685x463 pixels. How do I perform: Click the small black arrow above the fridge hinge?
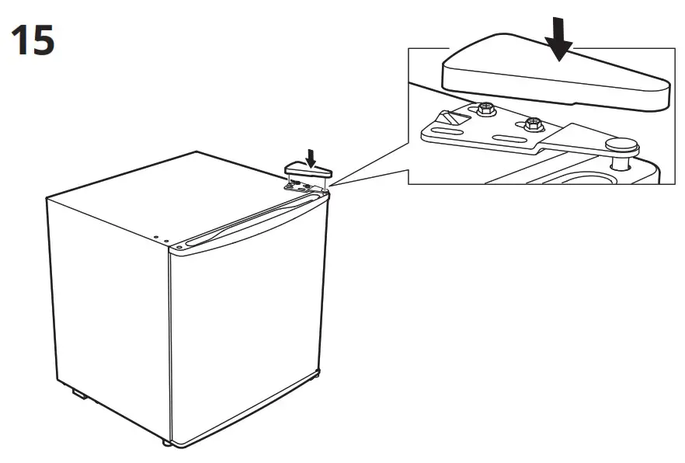311,158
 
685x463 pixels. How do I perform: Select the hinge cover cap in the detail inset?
555,79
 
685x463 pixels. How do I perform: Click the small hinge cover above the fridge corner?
306,169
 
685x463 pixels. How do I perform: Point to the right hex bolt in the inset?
533,123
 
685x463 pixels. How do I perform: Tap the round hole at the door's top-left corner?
179,248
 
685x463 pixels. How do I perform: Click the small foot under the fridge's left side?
79,394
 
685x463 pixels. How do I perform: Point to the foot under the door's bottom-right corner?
315,375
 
